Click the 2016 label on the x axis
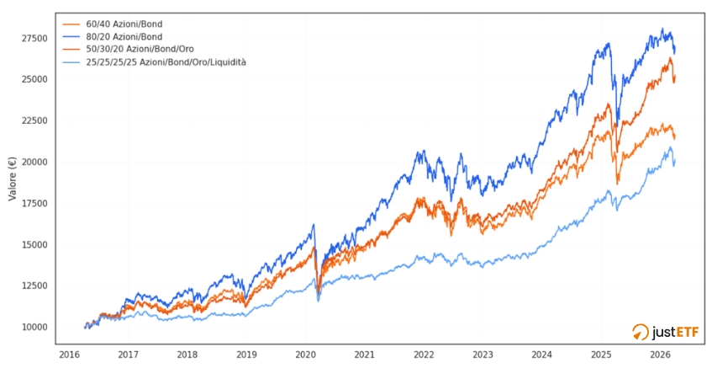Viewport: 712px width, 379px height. (69, 355)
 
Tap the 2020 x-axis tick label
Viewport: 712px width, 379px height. (305, 355)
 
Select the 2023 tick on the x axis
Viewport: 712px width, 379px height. (483, 355)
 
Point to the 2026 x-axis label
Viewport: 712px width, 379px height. (660, 355)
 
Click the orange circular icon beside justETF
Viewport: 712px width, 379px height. (641, 332)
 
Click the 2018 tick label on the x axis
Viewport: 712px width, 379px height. (187, 355)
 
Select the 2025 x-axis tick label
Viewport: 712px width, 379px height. (601, 355)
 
